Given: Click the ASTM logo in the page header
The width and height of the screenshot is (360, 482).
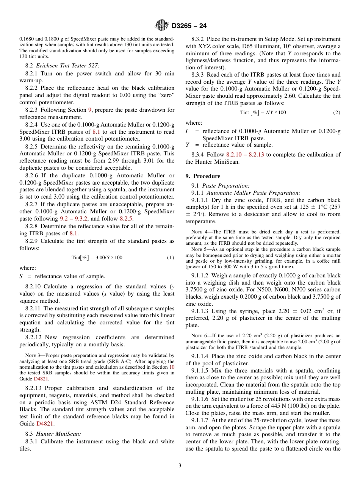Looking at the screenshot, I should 162,26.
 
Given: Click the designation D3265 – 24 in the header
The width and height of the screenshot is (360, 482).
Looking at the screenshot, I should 189,26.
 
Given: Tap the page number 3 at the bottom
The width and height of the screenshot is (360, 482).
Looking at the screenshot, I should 180,465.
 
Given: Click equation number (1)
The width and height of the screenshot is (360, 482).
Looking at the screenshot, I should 170,258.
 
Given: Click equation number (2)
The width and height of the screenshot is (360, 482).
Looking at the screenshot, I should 336,113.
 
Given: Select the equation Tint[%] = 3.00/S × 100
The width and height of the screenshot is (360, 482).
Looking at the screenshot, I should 97,258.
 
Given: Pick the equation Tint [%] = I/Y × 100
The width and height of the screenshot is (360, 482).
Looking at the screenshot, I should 263,113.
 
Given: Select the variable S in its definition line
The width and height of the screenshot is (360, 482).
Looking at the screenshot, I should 21,276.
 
